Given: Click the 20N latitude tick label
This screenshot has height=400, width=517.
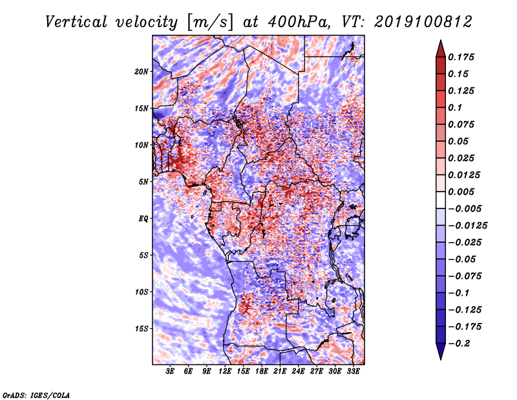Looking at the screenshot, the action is tap(142, 72).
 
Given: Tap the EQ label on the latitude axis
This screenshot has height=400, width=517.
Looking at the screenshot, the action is tap(143, 219).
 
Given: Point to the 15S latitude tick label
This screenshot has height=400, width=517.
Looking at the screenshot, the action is tap(142, 329).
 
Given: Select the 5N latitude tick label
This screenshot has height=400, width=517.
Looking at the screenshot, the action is tap(143, 182).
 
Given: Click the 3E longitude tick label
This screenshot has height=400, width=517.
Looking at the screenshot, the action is tap(170, 372).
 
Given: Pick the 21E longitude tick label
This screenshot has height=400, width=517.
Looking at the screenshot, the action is tap(280, 372).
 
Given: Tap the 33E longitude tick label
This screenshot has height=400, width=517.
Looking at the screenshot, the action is tap(353, 372).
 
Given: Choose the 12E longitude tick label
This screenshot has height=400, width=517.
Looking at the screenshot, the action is tap(225, 372).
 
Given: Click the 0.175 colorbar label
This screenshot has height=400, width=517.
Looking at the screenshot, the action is tap(461, 57).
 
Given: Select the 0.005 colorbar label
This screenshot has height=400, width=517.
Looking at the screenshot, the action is tap(461, 192).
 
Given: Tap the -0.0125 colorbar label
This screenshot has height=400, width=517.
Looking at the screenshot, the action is tap(467, 226).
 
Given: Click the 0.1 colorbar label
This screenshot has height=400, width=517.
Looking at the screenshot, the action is tap(455, 107).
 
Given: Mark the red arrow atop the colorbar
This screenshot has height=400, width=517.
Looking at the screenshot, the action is tap(441, 49).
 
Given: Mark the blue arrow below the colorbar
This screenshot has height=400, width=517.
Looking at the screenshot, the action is tap(441, 351).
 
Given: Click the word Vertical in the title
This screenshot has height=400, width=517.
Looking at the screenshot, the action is tap(76, 22).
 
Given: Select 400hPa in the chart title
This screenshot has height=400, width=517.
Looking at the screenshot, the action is tap(299, 22).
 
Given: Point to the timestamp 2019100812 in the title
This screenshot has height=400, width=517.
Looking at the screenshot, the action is tap(423, 22).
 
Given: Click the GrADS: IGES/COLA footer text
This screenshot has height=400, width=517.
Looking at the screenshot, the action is tap(36, 395).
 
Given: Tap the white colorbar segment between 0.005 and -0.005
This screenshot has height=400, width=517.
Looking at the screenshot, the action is tap(441, 200).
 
